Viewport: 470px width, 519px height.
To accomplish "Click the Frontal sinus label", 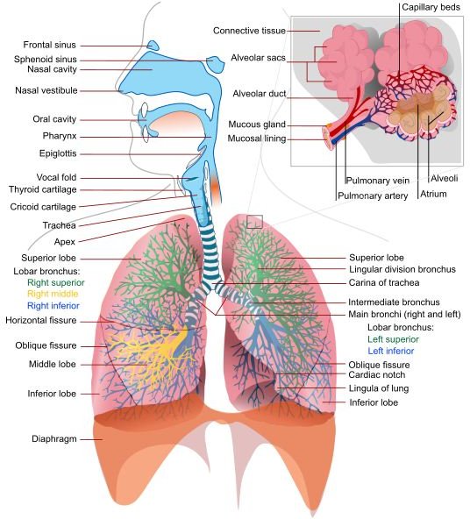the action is click(x=49, y=45).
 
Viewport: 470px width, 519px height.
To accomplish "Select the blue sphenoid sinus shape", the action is click(x=216, y=64).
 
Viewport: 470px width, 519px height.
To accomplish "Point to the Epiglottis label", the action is click(x=58, y=153).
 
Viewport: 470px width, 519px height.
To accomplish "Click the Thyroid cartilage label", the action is click(x=43, y=189).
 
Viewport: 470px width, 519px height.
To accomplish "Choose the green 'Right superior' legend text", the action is click(x=55, y=282).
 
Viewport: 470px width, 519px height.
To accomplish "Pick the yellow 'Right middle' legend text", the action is click(x=53, y=294).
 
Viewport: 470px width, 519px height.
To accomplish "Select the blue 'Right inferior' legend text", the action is click(x=53, y=305).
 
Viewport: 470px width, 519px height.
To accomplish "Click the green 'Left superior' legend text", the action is click(x=393, y=339).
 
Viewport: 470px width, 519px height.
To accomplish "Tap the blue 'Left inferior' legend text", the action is click(x=391, y=351).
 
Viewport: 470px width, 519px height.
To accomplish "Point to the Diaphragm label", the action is click(x=54, y=439).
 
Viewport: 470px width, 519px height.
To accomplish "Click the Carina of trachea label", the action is click(x=384, y=282).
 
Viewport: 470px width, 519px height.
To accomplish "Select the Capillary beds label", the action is click(x=431, y=7).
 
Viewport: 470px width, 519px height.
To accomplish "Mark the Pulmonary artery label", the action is click(x=373, y=196).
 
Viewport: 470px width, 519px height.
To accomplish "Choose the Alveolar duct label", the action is click(x=260, y=94).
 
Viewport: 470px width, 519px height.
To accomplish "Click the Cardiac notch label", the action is click(x=377, y=374).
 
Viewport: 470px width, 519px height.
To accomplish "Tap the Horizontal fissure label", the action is click(x=40, y=320).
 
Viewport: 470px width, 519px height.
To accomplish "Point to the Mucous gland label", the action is click(x=257, y=124).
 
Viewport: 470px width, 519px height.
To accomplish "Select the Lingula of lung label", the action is click(x=379, y=388).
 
